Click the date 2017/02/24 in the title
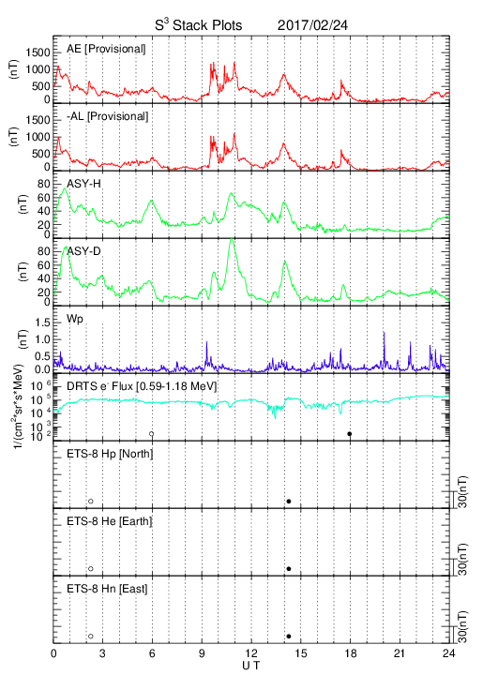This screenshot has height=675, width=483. click(312, 25)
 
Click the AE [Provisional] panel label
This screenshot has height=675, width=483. click(106, 49)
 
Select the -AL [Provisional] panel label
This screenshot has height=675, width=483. click(107, 116)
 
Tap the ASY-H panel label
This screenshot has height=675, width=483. click(83, 184)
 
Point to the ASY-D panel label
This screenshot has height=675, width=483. click(83, 251)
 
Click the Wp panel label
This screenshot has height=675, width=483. click(75, 320)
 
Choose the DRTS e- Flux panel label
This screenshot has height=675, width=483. click(142, 386)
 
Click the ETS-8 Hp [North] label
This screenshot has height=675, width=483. click(110, 454)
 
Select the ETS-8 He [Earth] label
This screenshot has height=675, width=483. click(110, 521)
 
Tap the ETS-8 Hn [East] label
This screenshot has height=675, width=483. click(107, 589)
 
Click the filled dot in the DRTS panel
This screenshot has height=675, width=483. click(350, 434)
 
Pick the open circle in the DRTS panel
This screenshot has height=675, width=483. click(152, 434)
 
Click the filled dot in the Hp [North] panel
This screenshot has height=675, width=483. click(289, 501)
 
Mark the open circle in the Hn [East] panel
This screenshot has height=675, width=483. click(91, 637)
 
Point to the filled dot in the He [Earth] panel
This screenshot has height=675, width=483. click(289, 569)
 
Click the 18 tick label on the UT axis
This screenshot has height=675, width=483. click(351, 653)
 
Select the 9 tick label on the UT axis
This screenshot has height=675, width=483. click(202, 653)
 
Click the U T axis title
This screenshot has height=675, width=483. click(251, 666)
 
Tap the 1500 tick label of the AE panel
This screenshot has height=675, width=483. click(38, 52)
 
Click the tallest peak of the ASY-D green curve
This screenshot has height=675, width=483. click(232, 238)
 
